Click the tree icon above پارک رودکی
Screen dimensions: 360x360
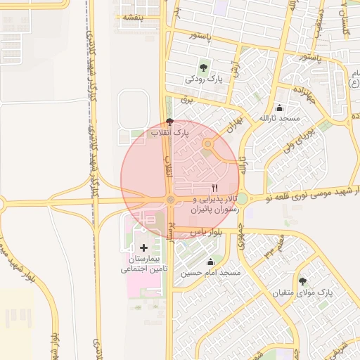tap(203, 67)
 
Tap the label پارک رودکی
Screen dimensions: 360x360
tap(203, 79)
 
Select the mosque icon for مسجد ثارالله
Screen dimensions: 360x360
tap(280, 108)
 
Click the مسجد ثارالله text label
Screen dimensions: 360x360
tap(280, 119)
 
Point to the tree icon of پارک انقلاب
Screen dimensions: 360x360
tap(169, 122)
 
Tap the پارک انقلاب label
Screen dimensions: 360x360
tap(169, 132)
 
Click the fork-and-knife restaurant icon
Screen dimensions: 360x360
tap(214, 188)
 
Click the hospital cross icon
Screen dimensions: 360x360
tap(145, 247)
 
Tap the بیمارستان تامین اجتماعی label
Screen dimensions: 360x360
tap(143, 264)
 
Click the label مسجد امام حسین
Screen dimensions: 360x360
tap(210, 272)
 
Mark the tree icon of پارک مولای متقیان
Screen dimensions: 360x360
tap(302, 281)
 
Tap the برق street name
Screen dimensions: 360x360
tap(186, 100)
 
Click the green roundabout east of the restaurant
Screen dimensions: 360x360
tap(242, 199)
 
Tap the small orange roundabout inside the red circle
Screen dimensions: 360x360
tap(207, 144)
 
